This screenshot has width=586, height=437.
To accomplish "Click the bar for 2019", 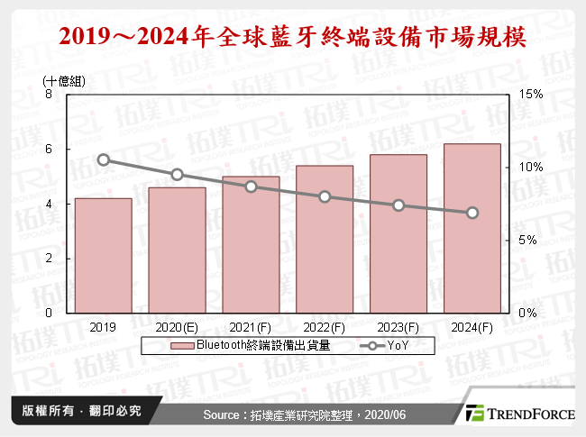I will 104,256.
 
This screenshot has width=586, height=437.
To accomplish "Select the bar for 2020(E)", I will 177,250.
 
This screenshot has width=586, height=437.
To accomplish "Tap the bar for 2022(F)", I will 325,240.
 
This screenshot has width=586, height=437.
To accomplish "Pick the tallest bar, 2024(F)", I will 472,229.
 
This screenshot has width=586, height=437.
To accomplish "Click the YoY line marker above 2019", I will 104,160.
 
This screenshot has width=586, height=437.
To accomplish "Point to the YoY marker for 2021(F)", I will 251,187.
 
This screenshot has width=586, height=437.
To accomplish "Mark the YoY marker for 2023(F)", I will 398,205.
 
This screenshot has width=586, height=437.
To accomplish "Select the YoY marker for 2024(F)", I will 472,213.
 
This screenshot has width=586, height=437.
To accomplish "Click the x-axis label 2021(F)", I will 251,326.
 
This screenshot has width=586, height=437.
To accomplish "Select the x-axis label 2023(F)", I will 398,326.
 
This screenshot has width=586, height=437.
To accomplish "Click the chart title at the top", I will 292,38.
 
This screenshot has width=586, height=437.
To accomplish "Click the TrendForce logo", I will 519,414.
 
